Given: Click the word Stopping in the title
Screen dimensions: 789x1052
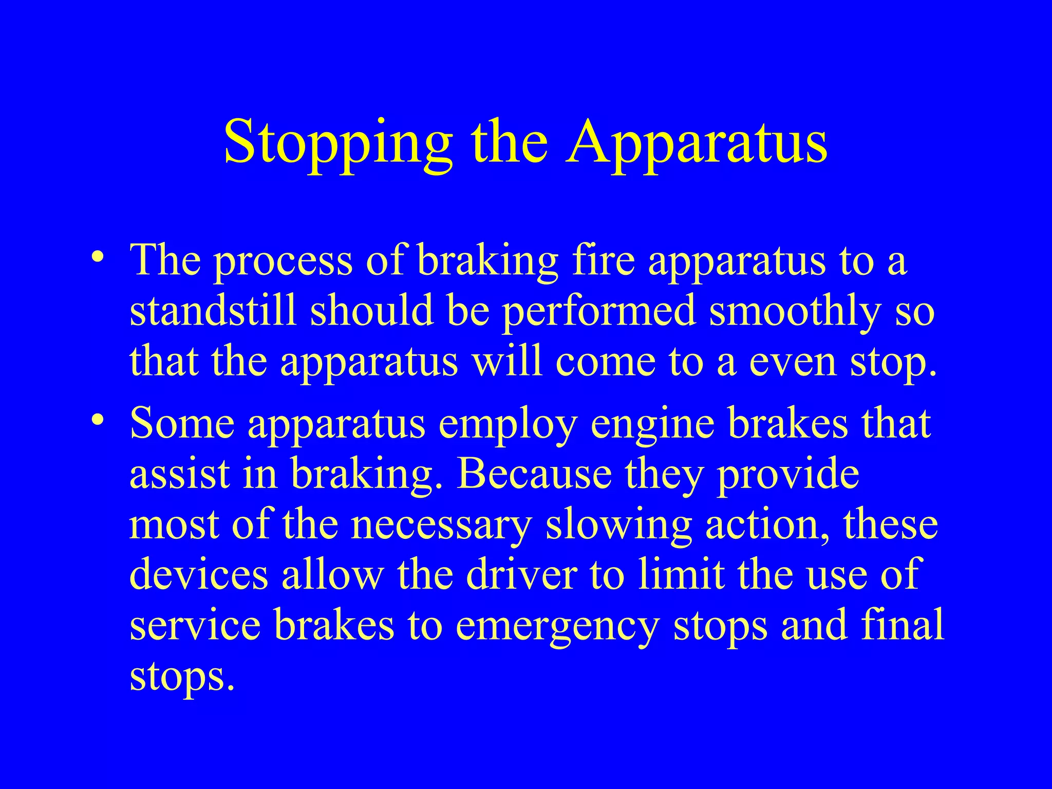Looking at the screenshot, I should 338,142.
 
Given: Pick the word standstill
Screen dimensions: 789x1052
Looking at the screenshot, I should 213,311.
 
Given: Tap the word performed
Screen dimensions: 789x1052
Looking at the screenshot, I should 598,312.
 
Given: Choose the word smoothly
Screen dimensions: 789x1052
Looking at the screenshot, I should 795,312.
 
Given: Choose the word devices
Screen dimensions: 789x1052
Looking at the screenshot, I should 199,575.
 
